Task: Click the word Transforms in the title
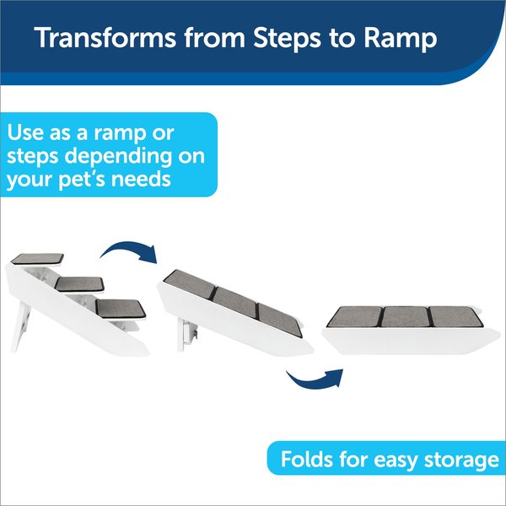pyautogui.click(x=105, y=37)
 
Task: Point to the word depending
pyautogui.click(x=118, y=157)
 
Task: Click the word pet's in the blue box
pyautogui.click(x=82, y=180)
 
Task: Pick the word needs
pyautogui.click(x=141, y=179)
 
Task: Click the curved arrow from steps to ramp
pyautogui.click(x=130, y=249)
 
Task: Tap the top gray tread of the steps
pyautogui.click(x=37, y=259)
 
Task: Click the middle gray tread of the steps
pyautogui.click(x=79, y=283)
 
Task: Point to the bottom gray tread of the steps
pyautogui.click(x=121, y=308)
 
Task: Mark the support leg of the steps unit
pyautogui.click(x=20, y=326)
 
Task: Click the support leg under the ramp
pyautogui.click(x=187, y=334)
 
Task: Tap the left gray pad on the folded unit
pyautogui.click(x=355, y=316)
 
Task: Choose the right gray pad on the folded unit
pyautogui.click(x=455, y=316)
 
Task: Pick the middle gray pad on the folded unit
pyautogui.click(x=406, y=316)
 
